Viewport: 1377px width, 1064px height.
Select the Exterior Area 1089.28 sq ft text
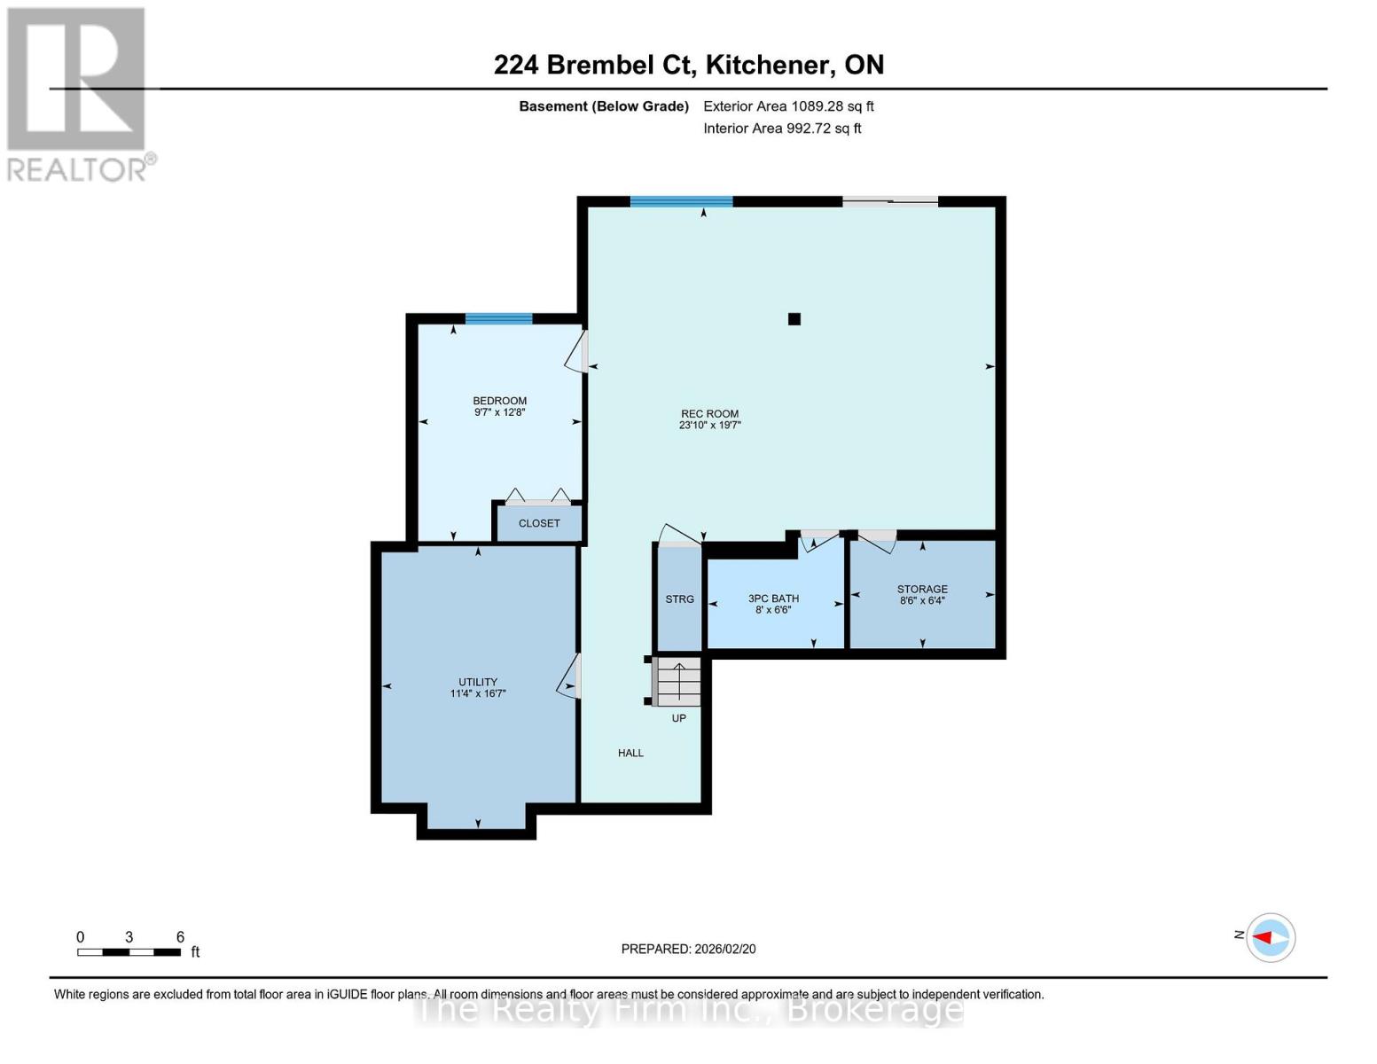point(788,106)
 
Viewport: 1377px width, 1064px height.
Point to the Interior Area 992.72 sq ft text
point(782,129)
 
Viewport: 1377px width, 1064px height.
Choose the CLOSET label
point(539,523)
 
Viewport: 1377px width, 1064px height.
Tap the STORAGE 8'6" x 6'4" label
point(922,594)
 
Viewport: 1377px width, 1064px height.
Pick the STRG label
point(679,599)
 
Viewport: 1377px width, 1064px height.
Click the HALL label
point(630,753)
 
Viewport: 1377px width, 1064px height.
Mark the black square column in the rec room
point(794,319)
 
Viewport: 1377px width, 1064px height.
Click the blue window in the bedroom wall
point(498,319)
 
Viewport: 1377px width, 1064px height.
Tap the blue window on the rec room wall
point(681,202)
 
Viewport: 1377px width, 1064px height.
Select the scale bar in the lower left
point(129,952)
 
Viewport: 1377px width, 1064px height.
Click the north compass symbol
point(1271,937)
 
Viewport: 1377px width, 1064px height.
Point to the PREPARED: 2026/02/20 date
point(688,949)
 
